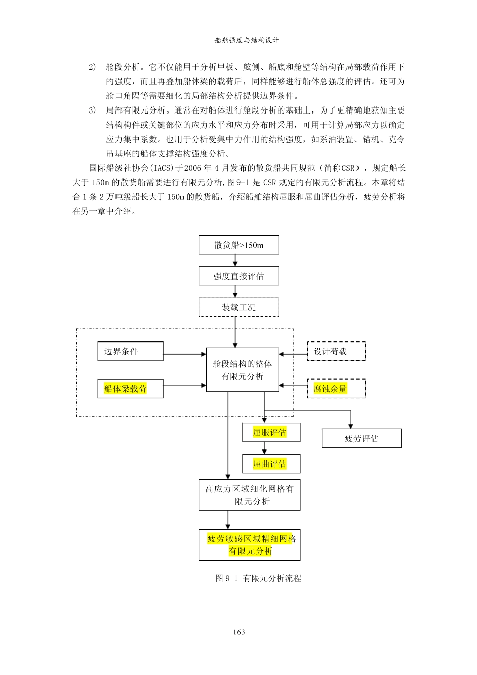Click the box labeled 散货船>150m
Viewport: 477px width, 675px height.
tap(238, 245)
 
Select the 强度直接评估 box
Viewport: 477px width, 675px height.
tap(238, 276)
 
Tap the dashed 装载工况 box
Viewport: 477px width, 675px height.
tap(238, 307)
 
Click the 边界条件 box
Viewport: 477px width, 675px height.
tap(131, 351)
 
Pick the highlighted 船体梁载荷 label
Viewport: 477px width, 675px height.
tap(125, 389)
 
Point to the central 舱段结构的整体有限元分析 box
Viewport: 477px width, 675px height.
tap(243, 370)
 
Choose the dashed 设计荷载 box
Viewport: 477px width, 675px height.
tap(336, 351)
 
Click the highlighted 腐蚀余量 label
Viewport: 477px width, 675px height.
tap(330, 389)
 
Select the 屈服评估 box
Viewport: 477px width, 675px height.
tap(271, 433)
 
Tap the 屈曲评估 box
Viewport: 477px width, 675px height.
tap(271, 464)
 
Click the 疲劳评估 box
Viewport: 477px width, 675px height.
tap(362, 438)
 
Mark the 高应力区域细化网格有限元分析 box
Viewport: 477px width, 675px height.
tap(250, 495)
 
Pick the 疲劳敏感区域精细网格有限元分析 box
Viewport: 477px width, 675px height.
tap(250, 545)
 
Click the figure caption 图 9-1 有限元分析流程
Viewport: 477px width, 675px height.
tap(259, 578)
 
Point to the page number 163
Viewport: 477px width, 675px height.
tap(239, 632)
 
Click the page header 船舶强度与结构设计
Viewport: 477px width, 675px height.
tap(247, 40)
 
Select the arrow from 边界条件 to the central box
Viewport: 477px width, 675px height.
tap(185, 354)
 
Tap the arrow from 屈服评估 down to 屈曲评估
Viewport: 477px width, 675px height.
tap(264, 448)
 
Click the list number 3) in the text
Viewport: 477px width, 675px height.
tap(92, 110)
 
